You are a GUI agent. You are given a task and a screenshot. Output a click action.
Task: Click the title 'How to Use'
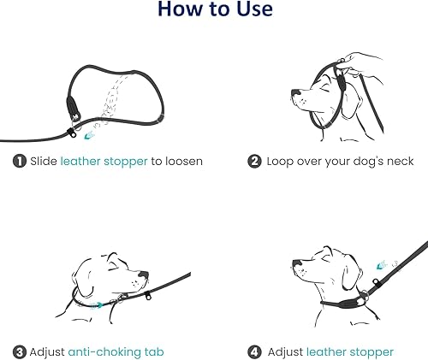click(214, 10)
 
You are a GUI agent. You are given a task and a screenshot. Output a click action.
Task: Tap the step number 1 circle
click(18, 161)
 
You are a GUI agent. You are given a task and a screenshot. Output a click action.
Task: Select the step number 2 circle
click(254, 161)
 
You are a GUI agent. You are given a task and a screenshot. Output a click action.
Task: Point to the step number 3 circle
click(18, 351)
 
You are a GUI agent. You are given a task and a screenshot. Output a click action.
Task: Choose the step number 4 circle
click(254, 351)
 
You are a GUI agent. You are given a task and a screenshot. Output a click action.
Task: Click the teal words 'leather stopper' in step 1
click(103, 161)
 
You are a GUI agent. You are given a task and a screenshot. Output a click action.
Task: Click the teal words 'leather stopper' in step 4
click(350, 351)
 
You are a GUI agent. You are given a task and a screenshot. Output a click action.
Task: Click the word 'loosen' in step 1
click(181, 161)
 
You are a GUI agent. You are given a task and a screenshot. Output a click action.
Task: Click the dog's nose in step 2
click(294, 91)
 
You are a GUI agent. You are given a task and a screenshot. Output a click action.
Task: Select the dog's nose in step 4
click(294, 262)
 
